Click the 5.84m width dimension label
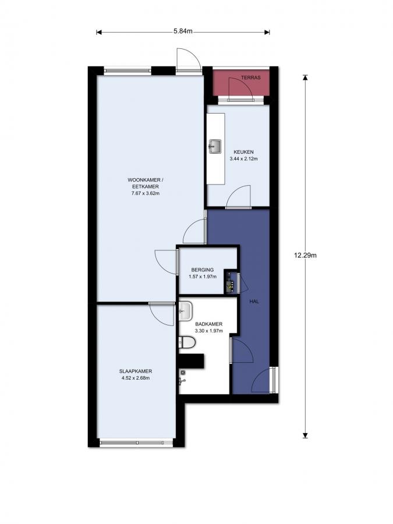pos(183,31)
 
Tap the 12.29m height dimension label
pos(305,256)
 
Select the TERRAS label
pos(250,77)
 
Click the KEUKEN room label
pos(243,152)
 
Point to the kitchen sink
pos(215,146)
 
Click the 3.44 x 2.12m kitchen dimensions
pos(243,159)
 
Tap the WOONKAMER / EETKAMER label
pos(146,183)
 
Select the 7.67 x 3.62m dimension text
pos(146,193)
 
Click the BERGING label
pos(203,270)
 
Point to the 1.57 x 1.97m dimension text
pos(203,277)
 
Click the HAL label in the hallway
pos(254,301)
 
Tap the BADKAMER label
pos(209,324)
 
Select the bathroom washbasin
pos(186,311)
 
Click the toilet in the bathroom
pos(187,342)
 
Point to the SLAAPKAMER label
pos(136,371)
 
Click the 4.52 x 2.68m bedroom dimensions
pos(136,378)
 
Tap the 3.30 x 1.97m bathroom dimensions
pos(209,331)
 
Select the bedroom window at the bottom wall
pos(136,443)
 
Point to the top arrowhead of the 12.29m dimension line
pos(305,77)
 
